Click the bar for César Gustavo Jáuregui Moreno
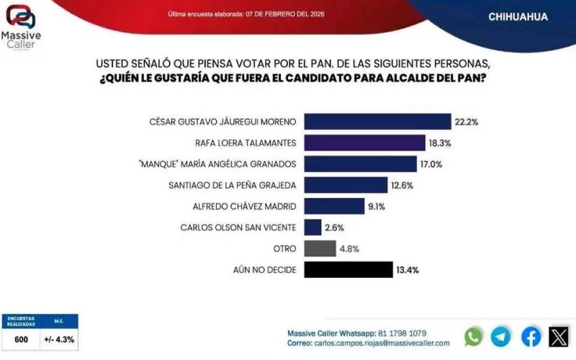(377, 122)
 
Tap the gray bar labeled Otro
(320, 248)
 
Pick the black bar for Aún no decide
(348, 270)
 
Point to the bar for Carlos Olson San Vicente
(312, 228)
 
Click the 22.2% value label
(467, 122)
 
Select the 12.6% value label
(403, 186)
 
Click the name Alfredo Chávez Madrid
(244, 207)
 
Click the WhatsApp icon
(474, 336)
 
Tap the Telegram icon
(501, 336)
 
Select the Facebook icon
(531, 336)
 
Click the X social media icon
(559, 336)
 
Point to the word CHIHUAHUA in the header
(518, 17)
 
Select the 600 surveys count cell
(21, 339)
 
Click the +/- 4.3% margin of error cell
(59, 339)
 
